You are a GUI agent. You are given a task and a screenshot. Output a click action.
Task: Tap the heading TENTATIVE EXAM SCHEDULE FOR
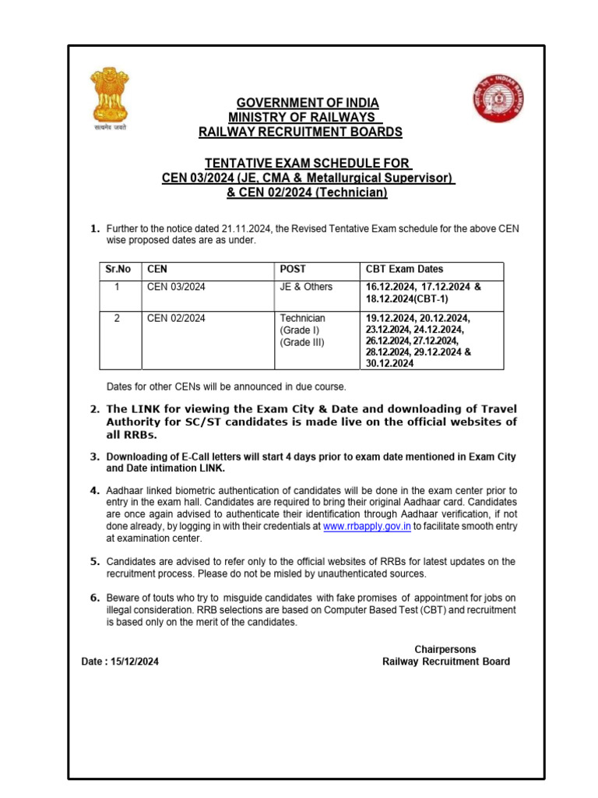[x=307, y=163]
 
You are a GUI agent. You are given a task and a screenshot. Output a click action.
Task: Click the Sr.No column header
[x=118, y=270]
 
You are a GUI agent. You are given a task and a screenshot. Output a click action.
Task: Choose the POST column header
[x=291, y=270]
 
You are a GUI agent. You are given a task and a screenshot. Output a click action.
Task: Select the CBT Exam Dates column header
[x=405, y=270]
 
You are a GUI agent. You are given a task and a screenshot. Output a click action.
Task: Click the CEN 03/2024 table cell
[x=176, y=287]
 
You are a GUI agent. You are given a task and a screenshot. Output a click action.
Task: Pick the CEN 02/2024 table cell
[x=176, y=318]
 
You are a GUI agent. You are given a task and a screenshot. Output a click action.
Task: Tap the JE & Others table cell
[x=306, y=287]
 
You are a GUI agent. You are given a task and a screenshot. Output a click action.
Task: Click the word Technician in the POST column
[x=303, y=318]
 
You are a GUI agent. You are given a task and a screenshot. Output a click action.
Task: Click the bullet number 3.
[x=95, y=457]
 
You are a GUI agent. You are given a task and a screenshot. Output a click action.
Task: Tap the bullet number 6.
[x=95, y=598]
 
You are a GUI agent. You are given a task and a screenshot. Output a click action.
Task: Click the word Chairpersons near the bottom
[x=445, y=649]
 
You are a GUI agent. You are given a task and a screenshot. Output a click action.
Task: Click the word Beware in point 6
[x=123, y=598]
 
